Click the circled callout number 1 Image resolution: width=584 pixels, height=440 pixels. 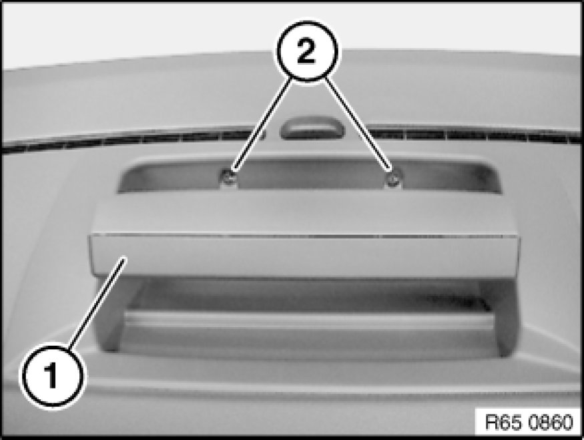pos(53,375)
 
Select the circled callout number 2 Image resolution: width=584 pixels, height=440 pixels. pos(307,51)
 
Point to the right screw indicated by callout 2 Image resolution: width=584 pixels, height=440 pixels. pos(393,180)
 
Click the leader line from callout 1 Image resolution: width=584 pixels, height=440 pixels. pos(97,303)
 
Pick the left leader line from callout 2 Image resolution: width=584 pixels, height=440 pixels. pos(262,126)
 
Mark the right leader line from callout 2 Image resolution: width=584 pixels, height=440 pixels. pos(358,125)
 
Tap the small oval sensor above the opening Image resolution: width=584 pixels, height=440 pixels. pos(312,128)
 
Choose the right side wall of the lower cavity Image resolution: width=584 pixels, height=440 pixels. pos(499,316)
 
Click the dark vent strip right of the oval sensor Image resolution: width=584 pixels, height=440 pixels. pos(473,135)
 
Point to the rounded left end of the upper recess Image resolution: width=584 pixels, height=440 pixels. pos(130,176)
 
